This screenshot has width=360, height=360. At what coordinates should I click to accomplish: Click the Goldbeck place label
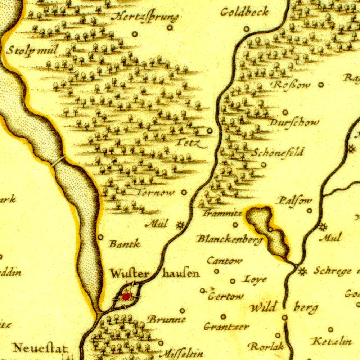(244, 12)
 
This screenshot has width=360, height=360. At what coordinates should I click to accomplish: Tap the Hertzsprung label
(144, 17)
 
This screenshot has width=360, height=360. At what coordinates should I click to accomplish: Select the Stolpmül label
(32, 50)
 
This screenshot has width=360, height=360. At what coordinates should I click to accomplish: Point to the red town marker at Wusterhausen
(126, 296)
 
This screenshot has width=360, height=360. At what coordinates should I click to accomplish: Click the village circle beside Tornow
(184, 192)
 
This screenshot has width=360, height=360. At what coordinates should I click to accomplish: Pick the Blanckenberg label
(229, 239)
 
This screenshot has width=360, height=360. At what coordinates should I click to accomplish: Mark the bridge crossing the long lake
(58, 161)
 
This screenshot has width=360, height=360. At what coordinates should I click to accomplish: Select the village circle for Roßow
(321, 85)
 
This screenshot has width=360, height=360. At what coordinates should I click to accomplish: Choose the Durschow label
(294, 122)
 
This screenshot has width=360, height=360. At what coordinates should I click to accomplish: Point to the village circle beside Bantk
(100, 237)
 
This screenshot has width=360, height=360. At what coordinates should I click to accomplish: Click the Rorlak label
(266, 346)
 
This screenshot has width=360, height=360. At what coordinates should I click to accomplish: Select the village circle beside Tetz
(210, 131)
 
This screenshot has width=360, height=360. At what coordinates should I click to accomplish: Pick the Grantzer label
(226, 327)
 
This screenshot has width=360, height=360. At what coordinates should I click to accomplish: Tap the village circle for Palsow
(309, 211)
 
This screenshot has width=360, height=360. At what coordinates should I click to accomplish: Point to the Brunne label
(167, 319)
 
